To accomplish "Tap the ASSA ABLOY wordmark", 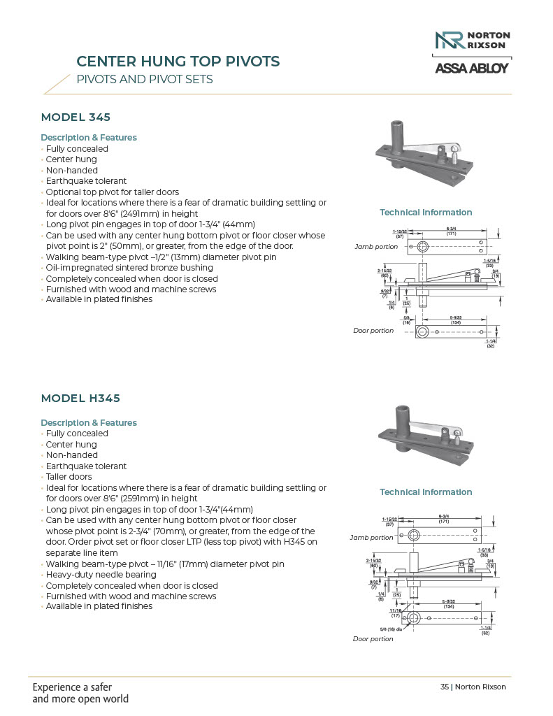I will [x=472, y=69].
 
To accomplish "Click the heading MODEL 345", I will [x=76, y=117].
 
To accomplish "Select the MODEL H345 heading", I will [x=80, y=399].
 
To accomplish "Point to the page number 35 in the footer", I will [x=445, y=687].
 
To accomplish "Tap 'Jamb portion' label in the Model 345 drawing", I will [x=375, y=247].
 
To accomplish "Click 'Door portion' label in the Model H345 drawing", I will [x=373, y=639].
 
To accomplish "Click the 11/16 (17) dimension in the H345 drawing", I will [x=394, y=613].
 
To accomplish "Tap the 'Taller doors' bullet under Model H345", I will [x=69, y=477].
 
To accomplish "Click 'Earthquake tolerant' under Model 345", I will [x=86, y=181].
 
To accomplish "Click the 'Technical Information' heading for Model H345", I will [x=426, y=492].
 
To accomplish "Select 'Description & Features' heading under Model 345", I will [x=89, y=138].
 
